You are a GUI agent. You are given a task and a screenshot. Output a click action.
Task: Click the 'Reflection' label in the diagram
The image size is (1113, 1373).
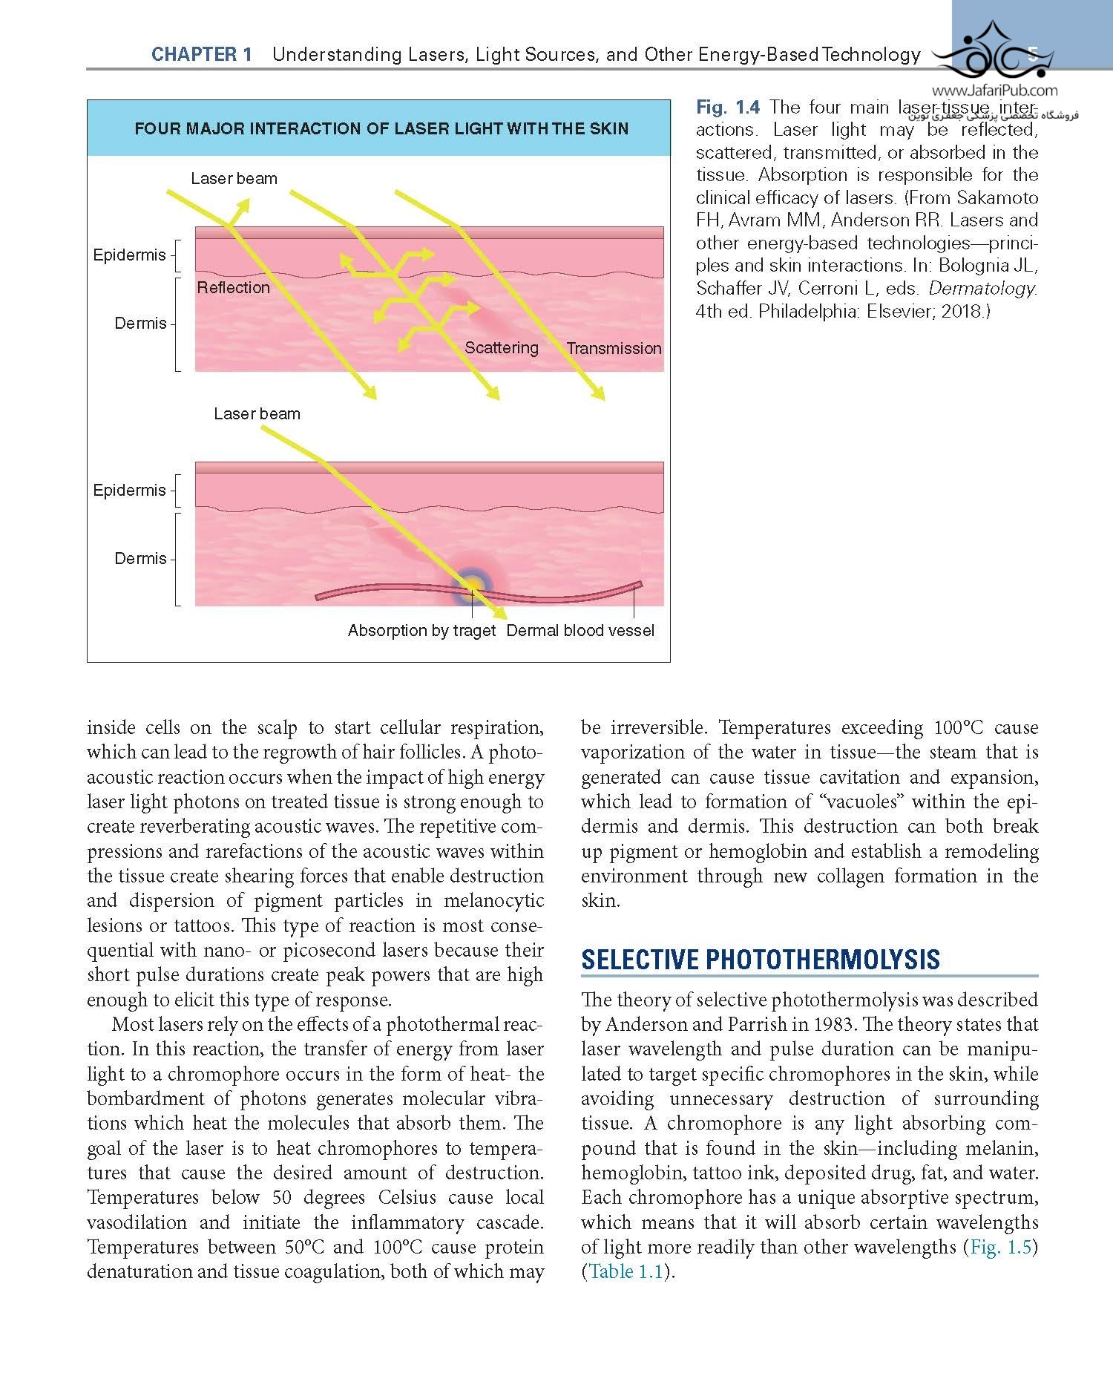(x=233, y=288)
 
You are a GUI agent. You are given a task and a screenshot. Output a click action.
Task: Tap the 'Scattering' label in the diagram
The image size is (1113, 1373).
(x=502, y=348)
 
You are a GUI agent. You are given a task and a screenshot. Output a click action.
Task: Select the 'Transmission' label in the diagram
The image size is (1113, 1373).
(x=614, y=349)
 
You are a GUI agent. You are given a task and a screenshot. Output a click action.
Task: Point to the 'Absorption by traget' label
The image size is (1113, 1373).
(x=421, y=631)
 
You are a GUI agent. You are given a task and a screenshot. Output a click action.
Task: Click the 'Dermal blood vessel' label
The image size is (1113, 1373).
(x=580, y=631)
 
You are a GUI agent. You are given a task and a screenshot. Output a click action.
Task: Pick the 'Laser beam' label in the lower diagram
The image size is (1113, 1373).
(x=257, y=414)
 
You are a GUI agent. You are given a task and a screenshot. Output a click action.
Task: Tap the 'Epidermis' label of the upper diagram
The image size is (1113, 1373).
(x=129, y=255)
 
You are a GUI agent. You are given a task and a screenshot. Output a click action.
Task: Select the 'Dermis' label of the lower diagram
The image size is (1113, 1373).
(x=140, y=559)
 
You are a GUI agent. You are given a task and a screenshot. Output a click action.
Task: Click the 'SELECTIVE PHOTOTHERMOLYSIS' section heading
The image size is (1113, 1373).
(x=761, y=960)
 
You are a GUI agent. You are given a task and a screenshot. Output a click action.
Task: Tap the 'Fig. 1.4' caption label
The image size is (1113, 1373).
(x=727, y=108)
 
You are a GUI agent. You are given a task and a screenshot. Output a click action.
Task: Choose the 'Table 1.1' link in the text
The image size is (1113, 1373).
(x=626, y=1271)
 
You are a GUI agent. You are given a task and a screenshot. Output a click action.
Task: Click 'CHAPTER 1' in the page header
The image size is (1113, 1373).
(x=202, y=55)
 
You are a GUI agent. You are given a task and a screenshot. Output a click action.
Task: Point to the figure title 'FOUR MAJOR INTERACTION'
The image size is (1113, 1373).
(x=381, y=129)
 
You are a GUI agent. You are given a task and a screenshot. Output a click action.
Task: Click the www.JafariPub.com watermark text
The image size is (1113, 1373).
(x=994, y=91)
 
